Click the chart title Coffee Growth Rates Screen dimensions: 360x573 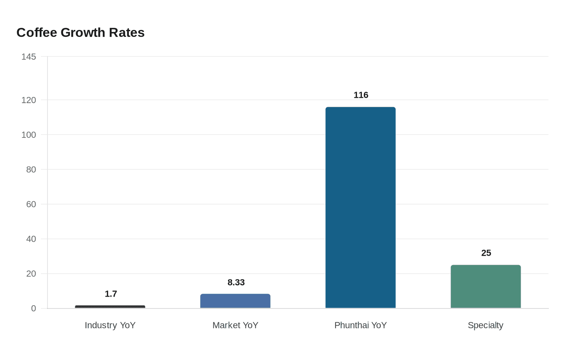pos(80,32)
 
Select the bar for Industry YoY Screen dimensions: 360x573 pos(110,307)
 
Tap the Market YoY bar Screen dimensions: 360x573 pos(235,301)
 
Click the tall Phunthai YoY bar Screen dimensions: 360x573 pos(361,207)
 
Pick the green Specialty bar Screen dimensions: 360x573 pos(486,286)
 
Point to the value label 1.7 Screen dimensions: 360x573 pos(111,294)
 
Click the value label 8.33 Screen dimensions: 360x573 pos(236,282)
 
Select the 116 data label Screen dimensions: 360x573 pos(361,95)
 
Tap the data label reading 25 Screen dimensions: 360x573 pos(486,253)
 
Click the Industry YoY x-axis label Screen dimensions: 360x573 pos(110,325)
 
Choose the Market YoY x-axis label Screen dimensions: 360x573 pos(235,325)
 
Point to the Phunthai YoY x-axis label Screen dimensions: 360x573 pos(361,325)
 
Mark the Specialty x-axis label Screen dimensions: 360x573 pos(485,325)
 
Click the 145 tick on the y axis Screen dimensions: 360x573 pos(29,56)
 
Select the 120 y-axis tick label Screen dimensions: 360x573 pos(29,100)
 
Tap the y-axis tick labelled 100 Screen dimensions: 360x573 pos(29,135)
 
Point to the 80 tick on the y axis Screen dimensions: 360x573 pos(31,169)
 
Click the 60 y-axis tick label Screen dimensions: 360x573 pos(31,204)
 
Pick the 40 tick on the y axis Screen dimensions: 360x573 pos(31,239)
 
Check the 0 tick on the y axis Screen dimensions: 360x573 pos(34,308)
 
